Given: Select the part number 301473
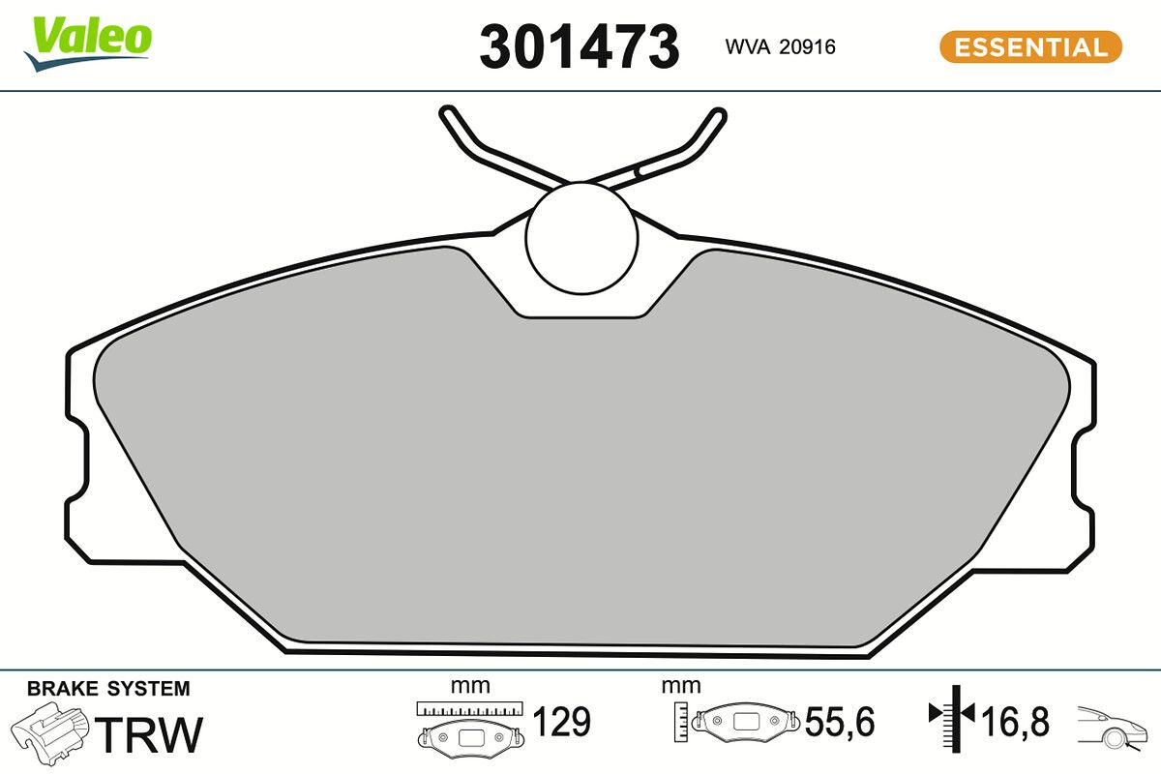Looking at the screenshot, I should [x=580, y=46].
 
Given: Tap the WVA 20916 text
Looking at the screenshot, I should [x=780, y=46].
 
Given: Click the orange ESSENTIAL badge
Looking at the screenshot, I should [x=1030, y=46].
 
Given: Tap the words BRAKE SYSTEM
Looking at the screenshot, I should [x=108, y=689].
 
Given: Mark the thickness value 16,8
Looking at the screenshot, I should [x=1014, y=722].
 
